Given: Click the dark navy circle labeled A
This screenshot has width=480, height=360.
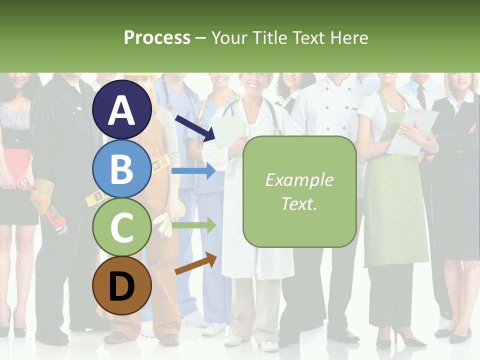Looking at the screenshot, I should (122, 109).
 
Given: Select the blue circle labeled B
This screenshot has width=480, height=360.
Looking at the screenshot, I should (122, 168).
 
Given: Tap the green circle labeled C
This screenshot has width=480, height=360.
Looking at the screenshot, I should (122, 227).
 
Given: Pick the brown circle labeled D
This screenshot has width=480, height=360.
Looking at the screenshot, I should (122, 285).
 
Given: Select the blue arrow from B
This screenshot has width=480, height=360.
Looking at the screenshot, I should (193, 171).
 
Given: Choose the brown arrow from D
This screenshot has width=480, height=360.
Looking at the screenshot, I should (195, 263).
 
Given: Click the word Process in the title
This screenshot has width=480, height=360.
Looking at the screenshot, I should (157, 37).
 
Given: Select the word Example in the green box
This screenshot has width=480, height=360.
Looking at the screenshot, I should (299, 180).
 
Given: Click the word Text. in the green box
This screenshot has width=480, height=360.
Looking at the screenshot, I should (299, 203).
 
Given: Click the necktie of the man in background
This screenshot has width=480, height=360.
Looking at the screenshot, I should (421, 96).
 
